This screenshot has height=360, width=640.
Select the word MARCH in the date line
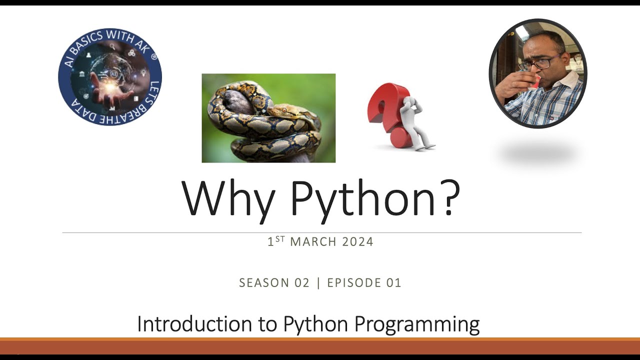(x=313, y=242)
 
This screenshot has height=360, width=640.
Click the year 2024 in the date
(x=358, y=242)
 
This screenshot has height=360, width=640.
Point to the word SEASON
(x=264, y=283)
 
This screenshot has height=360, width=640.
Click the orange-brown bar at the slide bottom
(x=320, y=346)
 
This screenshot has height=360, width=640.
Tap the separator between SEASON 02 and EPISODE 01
(x=319, y=283)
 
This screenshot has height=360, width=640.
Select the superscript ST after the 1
(x=280, y=238)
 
